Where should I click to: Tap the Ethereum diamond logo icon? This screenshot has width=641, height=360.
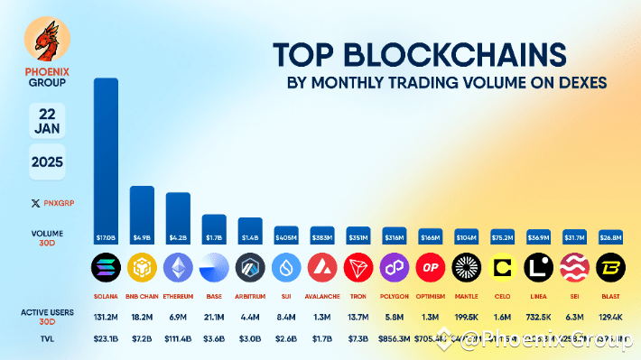178,268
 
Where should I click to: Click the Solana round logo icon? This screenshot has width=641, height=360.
107,268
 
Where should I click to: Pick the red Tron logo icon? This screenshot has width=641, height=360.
358,268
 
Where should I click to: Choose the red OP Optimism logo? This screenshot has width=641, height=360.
431,268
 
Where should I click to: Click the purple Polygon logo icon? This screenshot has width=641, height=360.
395,268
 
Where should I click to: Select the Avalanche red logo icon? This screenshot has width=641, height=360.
322,268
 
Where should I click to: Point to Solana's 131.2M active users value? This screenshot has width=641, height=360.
107,317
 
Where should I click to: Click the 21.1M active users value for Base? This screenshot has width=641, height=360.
214,317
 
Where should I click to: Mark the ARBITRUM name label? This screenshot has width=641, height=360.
250,296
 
